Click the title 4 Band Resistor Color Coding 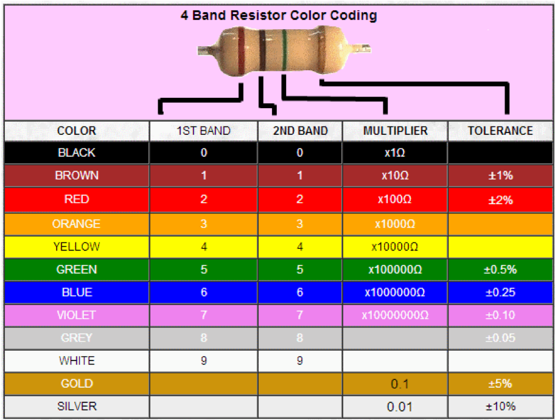click(x=278, y=15)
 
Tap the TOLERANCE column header click(x=500, y=131)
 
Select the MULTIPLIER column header click(x=395, y=131)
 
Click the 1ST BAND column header click(x=203, y=131)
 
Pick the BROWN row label click(x=77, y=176)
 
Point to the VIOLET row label click(x=77, y=315)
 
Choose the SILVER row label click(x=77, y=406)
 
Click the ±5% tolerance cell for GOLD click(x=500, y=384)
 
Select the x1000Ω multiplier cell click(x=395, y=224)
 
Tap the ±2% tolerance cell click(x=500, y=199)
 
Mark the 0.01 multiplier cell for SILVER click(x=395, y=406)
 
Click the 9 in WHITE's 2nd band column click(x=300, y=360)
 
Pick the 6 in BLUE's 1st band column click(x=203, y=292)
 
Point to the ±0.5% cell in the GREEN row click(x=500, y=269)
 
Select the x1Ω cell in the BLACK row click(x=395, y=153)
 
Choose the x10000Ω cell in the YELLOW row click(x=395, y=247)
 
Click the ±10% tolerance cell click(x=500, y=406)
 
